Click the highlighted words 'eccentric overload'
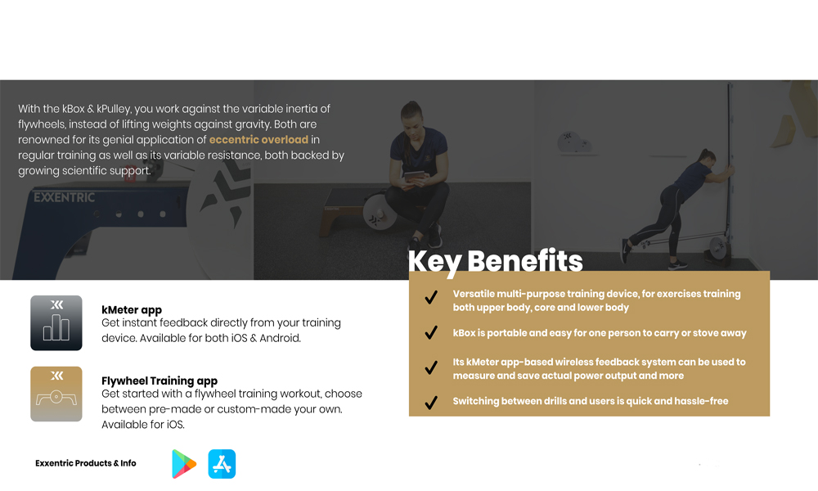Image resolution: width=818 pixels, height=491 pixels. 258,140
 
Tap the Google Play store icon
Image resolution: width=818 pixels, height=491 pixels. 183,464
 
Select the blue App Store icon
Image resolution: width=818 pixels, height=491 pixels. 222,464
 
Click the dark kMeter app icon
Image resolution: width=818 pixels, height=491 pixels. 56,323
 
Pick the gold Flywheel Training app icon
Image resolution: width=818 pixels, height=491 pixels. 56,394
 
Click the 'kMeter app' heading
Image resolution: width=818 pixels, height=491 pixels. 132,310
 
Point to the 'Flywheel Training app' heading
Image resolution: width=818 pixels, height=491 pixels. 160,381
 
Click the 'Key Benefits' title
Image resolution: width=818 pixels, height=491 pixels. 495,261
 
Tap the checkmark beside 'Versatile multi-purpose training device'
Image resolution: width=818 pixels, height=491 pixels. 431,297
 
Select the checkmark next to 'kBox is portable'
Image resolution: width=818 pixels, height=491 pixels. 431,332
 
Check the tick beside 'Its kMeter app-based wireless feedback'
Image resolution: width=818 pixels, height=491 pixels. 431,368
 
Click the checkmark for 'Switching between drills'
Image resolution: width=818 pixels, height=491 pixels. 431,403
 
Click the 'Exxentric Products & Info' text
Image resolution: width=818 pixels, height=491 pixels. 86,463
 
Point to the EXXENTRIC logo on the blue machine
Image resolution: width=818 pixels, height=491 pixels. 64,197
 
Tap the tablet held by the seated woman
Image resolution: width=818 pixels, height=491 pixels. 415,178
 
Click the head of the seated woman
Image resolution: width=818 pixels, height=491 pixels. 412,116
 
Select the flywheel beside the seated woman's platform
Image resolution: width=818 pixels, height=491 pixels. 380,212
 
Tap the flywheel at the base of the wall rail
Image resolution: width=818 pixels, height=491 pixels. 719,246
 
